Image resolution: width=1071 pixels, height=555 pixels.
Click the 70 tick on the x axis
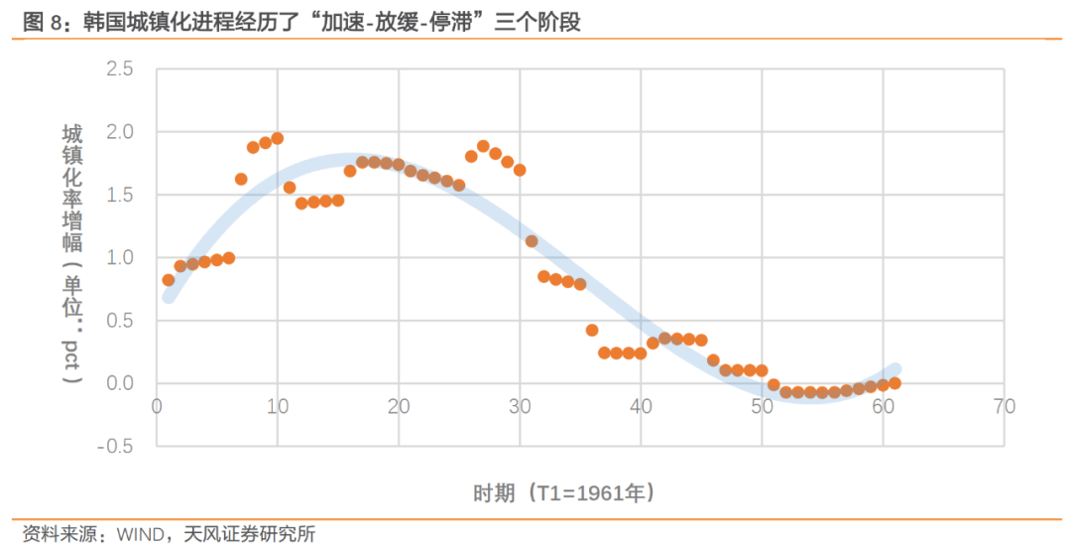1004,406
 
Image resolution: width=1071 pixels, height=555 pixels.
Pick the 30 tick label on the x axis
519,406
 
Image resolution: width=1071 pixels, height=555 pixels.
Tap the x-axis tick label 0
156,406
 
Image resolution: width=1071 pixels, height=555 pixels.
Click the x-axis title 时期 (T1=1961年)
563,493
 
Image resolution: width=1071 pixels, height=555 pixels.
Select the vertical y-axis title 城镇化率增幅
72,189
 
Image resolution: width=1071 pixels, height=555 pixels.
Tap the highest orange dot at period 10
278,138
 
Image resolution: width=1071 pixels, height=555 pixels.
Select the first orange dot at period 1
169,280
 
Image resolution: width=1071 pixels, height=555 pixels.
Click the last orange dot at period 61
894,383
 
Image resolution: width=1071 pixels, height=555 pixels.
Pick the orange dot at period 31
532,241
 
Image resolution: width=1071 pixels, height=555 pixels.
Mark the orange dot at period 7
241,179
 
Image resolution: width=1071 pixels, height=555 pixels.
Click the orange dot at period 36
592,330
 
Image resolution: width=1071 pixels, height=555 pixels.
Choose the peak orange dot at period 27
483,146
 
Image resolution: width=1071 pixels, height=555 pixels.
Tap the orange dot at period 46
713,360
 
